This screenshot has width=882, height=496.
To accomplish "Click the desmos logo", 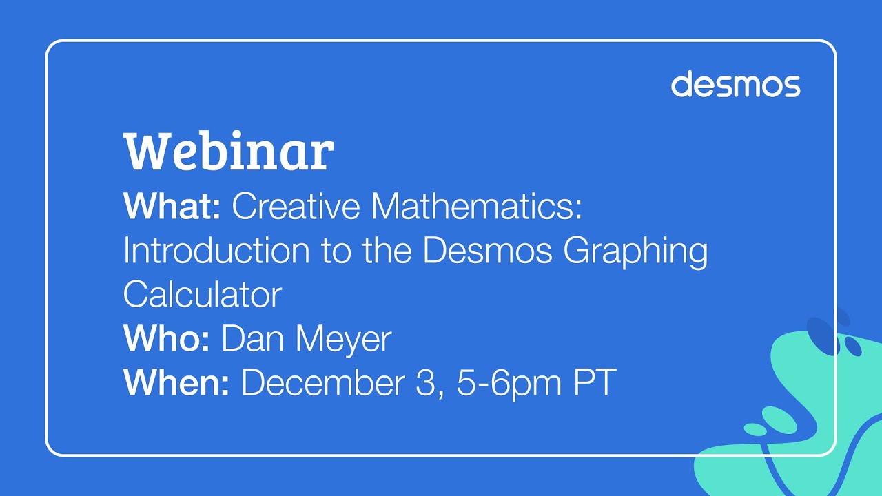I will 735,84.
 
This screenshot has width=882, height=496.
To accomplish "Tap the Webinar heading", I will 228,152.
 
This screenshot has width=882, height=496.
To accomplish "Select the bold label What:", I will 172,207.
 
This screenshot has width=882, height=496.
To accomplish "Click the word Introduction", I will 216,251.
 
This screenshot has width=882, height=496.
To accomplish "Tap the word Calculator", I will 203,295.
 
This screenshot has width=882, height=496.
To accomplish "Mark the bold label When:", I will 176,383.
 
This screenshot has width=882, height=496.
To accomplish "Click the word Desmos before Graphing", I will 487,251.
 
